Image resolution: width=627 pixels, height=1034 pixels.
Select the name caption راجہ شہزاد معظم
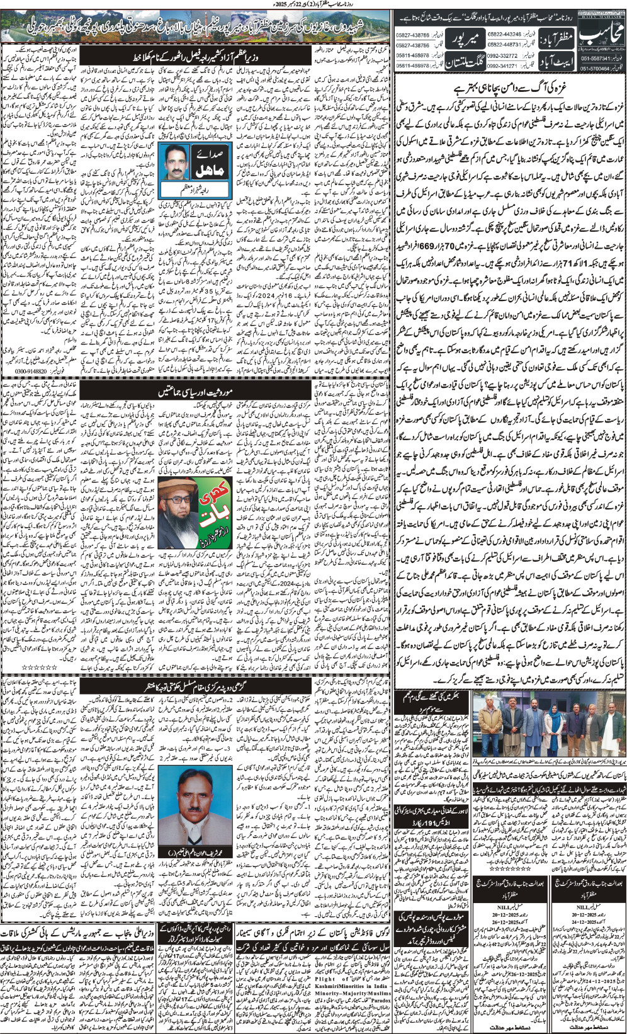point(181,189)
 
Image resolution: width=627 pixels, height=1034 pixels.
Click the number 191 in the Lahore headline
point(432,859)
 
